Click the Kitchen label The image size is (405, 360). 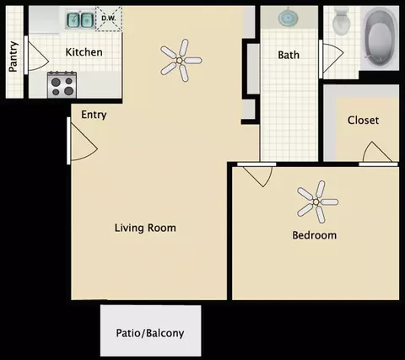[84, 52]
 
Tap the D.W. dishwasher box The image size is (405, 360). [109, 19]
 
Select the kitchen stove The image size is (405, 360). [62, 85]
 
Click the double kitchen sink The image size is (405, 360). [80, 19]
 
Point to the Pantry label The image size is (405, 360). [13, 56]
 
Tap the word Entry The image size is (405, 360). [94, 115]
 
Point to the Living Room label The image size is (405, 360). [145, 228]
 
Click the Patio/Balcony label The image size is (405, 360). [150, 333]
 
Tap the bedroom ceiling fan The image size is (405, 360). [317, 201]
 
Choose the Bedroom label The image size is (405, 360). [315, 235]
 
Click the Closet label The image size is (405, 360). [363, 121]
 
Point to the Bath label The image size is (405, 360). [289, 55]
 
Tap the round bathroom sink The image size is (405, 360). [289, 18]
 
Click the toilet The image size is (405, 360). [341, 21]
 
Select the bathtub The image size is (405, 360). [381, 38]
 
